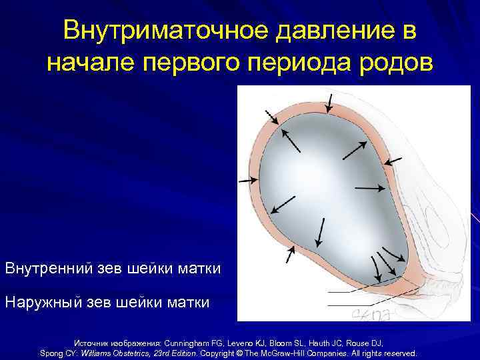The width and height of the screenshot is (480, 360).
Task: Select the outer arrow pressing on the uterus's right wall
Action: tap(394, 160)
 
